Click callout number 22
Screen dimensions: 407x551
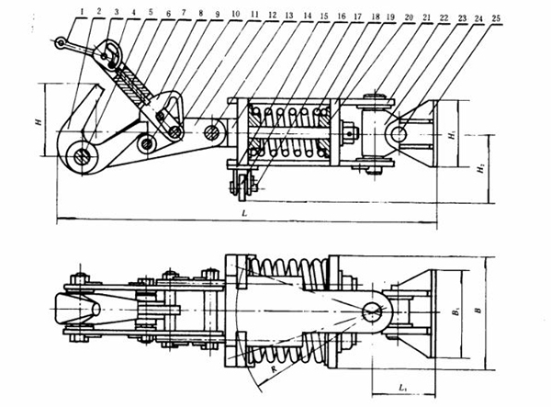coord(444,15)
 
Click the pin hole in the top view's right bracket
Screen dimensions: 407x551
coord(398,135)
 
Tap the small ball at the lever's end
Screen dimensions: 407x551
coord(60,41)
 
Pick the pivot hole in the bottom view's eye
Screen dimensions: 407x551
coord(376,311)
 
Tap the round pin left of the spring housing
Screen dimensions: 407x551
coord(212,133)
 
